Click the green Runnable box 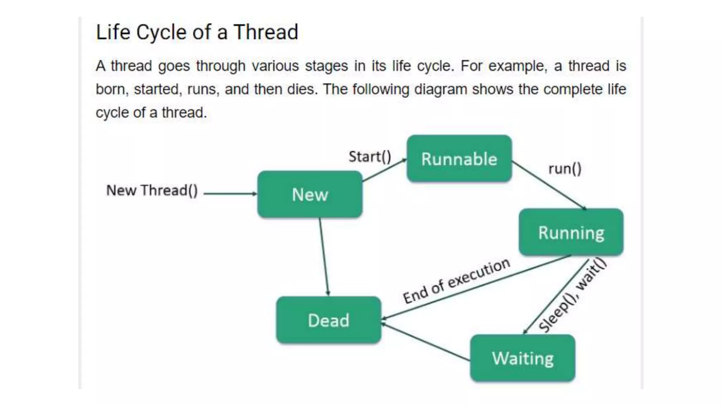tap(459, 159)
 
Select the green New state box tap(310, 194)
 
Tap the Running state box tap(571, 232)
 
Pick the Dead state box tap(329, 320)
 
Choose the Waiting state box tap(523, 358)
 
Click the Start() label tap(370, 156)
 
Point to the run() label tap(565, 169)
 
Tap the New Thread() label tap(152, 190)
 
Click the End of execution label tap(456, 281)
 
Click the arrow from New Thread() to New tap(230, 193)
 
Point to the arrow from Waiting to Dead tap(426, 342)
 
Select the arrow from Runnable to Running tap(549, 185)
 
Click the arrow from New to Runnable tap(384, 171)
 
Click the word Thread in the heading tap(266, 32)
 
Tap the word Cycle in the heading tap(161, 32)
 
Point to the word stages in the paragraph tap(326, 66)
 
